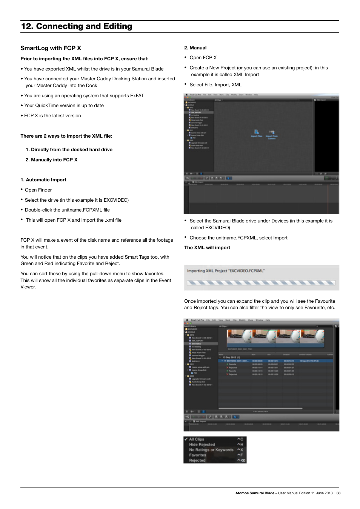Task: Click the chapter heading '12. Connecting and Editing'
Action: tap(77, 26)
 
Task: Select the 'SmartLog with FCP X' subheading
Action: tap(51, 48)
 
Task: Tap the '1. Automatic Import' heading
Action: tap(43, 180)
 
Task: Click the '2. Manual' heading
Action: tap(195, 48)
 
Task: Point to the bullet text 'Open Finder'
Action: tap(38, 190)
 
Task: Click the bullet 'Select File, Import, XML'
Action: tap(215, 85)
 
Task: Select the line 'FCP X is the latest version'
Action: tap(52, 116)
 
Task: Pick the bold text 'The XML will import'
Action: tap(207, 248)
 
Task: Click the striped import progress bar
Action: tap(261, 282)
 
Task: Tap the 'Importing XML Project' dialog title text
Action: tap(226, 271)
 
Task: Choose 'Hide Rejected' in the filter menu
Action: tap(202, 445)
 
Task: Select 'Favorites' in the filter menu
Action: tap(197, 455)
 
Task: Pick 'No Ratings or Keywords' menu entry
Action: tap(211, 450)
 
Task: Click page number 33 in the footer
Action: tap(338, 493)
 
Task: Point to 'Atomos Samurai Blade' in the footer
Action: tap(255, 493)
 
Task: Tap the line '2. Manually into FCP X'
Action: tap(52, 160)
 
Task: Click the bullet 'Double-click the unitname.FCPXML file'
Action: tap(67, 210)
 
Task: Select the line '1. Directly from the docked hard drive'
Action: tap(69, 150)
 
